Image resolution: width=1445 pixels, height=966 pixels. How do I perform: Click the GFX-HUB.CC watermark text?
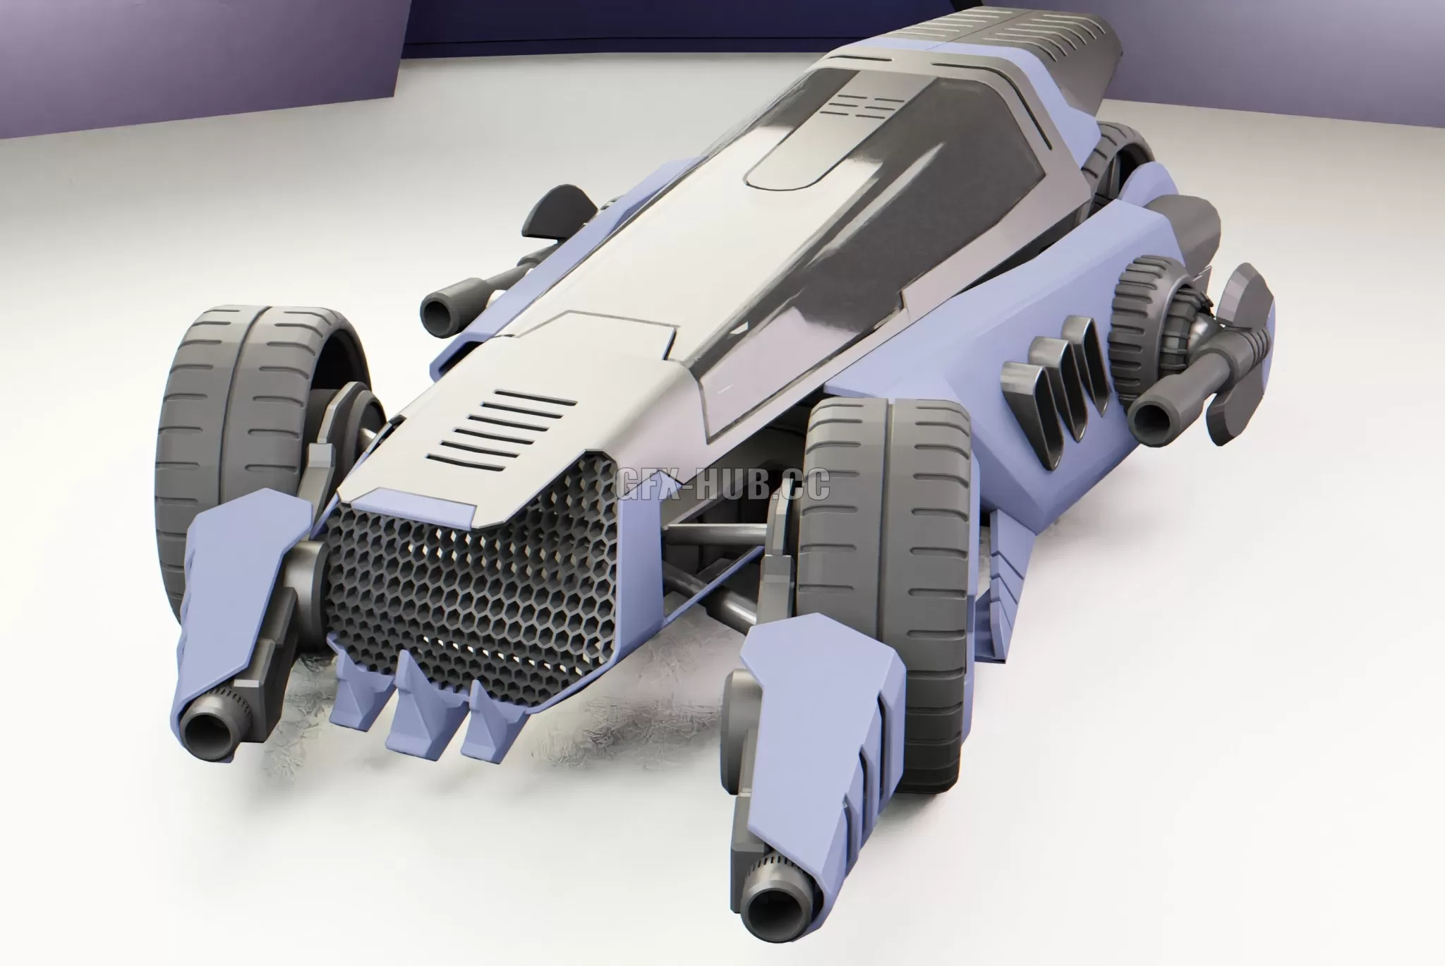[x=721, y=485]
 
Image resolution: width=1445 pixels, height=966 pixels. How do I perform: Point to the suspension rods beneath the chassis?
[x=713, y=564]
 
